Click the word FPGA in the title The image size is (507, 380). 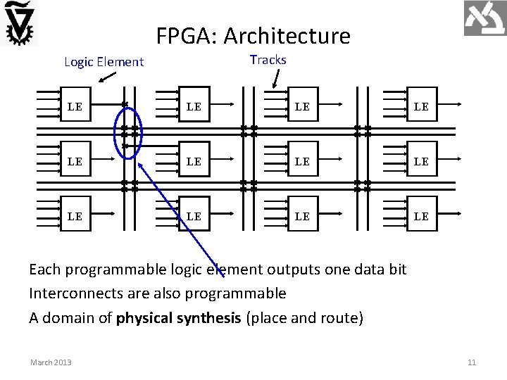pyautogui.click(x=178, y=35)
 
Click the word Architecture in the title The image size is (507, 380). pyautogui.click(x=284, y=35)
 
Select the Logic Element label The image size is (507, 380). pyautogui.click(x=104, y=62)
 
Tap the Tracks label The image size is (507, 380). pyautogui.click(x=268, y=60)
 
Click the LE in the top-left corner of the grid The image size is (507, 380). pyautogui.click(x=75, y=107)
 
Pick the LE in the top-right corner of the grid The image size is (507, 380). pyautogui.click(x=421, y=107)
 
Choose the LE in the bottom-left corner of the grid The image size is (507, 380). pyautogui.click(x=75, y=216)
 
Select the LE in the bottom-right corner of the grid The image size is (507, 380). pyautogui.click(x=421, y=216)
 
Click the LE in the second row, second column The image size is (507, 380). pyautogui.click(x=194, y=162)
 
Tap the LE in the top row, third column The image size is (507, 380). pyautogui.click(x=302, y=107)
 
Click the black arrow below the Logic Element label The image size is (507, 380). pyautogui.click(x=108, y=77)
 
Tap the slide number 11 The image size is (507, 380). pyautogui.click(x=472, y=362)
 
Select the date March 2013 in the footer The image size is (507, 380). pyautogui.click(x=51, y=362)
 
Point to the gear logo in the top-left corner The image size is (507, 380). pyautogui.click(x=20, y=23)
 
